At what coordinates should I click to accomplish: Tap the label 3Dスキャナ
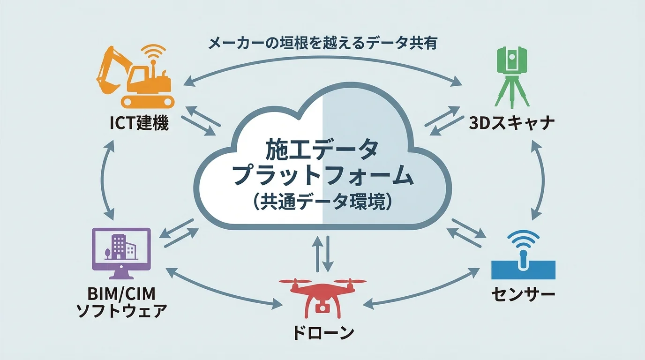[512, 124]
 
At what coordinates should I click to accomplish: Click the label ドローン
[322, 333]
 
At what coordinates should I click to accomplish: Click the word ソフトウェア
[121, 311]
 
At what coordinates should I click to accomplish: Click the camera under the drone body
[322, 307]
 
